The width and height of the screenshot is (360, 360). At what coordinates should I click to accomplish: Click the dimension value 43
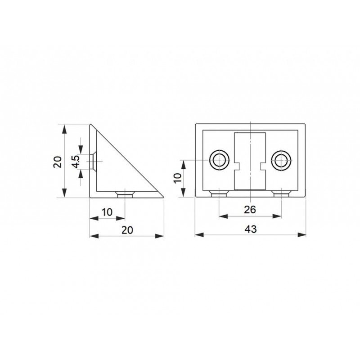(251, 229)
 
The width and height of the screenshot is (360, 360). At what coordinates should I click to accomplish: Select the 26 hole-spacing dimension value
(250, 210)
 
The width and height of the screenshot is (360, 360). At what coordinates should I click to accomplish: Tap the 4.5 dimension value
(76, 162)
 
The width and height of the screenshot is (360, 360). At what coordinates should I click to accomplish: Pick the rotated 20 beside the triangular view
(58, 162)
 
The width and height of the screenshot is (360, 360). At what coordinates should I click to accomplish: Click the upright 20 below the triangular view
(127, 230)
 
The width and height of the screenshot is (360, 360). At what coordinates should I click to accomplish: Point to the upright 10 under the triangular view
(107, 212)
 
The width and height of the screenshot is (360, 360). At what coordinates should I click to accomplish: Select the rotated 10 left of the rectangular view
(178, 178)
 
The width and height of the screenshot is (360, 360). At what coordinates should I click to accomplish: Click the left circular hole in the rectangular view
(219, 160)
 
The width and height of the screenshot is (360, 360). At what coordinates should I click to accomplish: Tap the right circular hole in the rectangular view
(281, 160)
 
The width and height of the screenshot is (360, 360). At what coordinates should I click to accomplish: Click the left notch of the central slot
(237, 166)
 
